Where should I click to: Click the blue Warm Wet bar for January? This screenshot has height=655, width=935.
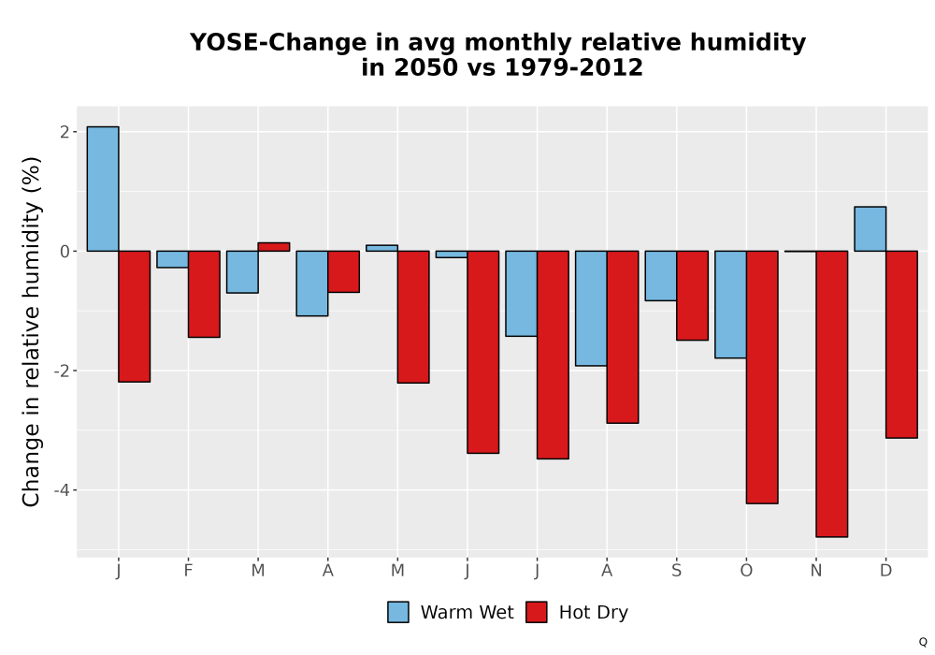point(103,188)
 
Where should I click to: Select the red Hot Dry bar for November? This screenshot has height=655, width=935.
point(832,394)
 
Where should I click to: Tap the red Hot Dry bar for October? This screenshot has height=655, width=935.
point(762,377)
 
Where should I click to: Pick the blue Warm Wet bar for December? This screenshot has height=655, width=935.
point(870,228)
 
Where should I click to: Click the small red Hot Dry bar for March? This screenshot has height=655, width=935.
point(274,246)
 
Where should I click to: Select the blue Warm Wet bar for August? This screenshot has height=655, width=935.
point(591,308)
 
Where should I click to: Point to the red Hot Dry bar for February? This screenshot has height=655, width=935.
point(204,294)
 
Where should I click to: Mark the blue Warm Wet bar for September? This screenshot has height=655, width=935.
point(661,276)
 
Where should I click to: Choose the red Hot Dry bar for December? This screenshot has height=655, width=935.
point(901,344)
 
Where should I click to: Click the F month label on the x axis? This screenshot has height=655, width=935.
point(188,571)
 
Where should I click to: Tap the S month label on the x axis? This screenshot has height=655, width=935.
point(676,571)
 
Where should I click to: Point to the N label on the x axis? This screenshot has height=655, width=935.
point(815,571)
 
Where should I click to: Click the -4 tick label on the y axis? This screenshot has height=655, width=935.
point(62,490)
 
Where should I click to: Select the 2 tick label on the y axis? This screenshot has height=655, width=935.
point(65,132)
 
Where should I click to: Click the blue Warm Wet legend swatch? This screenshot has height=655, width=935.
point(397,612)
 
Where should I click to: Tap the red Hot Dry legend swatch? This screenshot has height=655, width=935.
point(536,612)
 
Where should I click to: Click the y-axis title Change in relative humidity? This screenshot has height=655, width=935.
point(31,331)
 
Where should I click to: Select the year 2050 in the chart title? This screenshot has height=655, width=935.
point(426,67)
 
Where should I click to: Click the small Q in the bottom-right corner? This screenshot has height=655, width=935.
point(923,642)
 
